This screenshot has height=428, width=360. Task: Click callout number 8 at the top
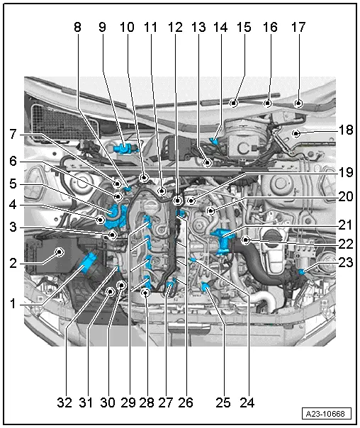point(77,28)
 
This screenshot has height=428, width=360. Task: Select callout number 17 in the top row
point(298,28)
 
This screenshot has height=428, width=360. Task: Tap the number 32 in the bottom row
point(64,403)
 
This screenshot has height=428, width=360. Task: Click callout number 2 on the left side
point(12,183)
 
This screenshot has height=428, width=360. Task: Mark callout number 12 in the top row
point(176,28)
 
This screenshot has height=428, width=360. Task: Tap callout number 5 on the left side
point(12,183)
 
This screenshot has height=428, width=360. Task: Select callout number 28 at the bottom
point(146,403)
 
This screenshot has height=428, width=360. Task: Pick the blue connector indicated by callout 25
point(207,286)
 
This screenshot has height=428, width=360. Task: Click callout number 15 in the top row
point(244,28)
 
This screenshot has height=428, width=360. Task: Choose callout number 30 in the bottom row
point(106,403)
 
